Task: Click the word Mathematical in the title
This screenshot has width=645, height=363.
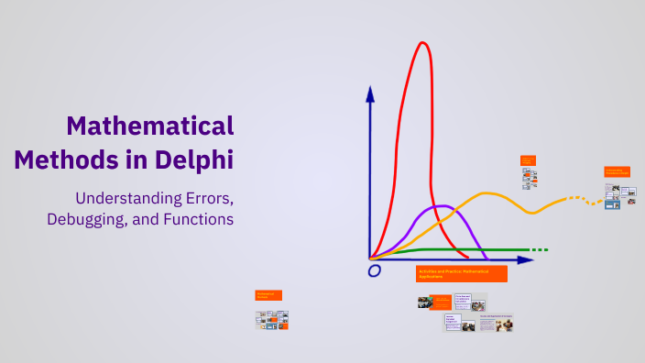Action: [x=151, y=126]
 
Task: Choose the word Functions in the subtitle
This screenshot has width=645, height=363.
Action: [x=197, y=219]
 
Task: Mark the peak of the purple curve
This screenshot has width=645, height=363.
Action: [x=442, y=205]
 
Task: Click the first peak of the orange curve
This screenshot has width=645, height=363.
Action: [x=486, y=193]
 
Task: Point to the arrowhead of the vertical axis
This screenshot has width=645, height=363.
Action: [x=370, y=93]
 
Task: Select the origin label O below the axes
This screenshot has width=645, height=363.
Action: [x=374, y=271]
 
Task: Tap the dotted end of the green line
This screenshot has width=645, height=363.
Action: [x=540, y=249]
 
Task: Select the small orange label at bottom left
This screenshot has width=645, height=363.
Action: [x=268, y=295]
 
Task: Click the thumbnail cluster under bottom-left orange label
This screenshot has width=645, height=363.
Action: [x=273, y=319]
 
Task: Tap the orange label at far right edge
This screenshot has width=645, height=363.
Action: [x=617, y=171]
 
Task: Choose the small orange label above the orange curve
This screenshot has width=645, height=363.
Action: [x=528, y=159]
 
